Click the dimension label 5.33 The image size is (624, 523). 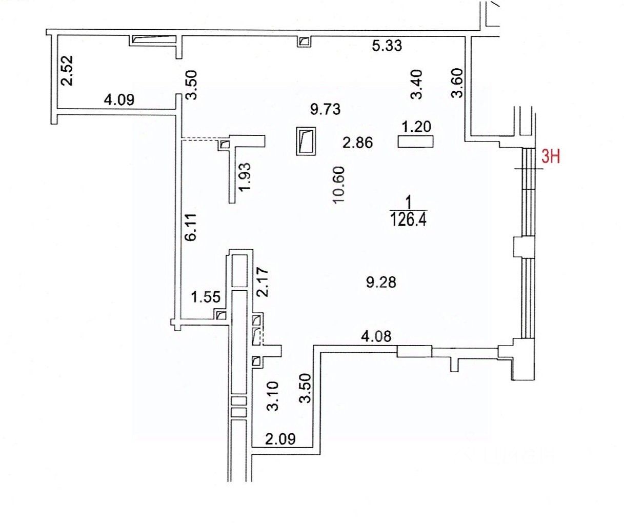387,46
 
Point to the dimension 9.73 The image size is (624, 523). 326,109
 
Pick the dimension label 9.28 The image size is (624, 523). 381,281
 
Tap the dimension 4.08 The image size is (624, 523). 377,337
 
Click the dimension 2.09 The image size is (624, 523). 280,439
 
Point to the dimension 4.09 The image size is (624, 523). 119,99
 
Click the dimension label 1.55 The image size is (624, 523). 206,296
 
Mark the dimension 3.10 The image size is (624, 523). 273,396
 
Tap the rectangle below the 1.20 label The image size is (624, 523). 416,141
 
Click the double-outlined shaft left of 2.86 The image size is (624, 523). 307,141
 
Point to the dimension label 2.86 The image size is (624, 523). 357,143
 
